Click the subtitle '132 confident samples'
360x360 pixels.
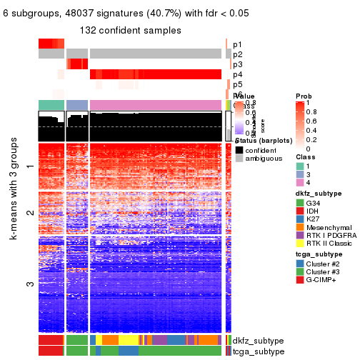(x=130, y=30)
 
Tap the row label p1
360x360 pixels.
(x=237, y=44)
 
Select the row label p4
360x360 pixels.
(x=237, y=74)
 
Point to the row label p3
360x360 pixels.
(x=237, y=64)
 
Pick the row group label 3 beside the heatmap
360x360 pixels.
(x=29, y=284)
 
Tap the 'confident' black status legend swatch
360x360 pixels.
(x=239, y=149)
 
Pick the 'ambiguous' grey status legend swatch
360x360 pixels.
(x=239, y=159)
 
